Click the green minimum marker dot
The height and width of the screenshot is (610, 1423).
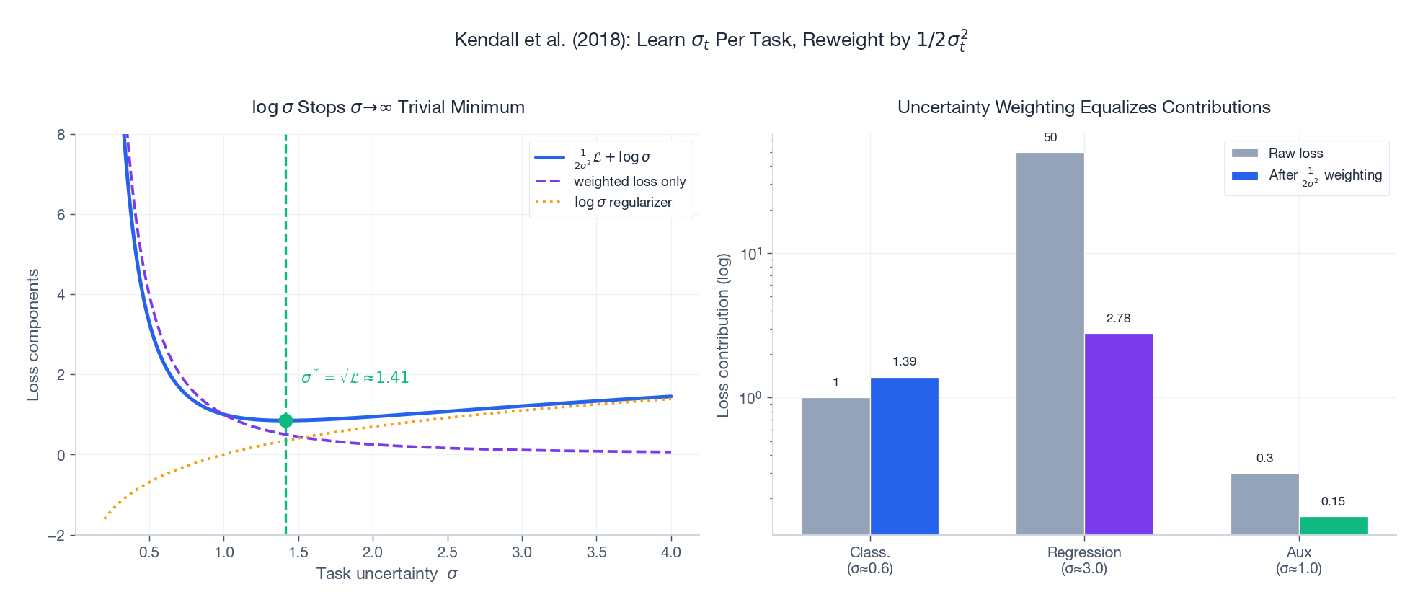(285, 420)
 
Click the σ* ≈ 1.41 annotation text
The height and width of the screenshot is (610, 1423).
(355, 377)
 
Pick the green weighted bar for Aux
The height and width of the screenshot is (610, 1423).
(1333, 526)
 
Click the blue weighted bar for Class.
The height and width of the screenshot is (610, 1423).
(904, 456)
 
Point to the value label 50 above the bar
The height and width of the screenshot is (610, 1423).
(1050, 137)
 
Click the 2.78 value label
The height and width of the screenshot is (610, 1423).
(1118, 318)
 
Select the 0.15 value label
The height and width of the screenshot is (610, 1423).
(1333, 501)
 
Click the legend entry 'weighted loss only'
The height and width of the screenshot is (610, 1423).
(629, 182)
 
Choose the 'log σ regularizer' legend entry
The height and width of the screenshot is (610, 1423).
(623, 203)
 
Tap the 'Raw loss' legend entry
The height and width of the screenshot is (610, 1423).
(1295, 153)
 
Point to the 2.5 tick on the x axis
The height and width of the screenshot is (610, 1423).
(447, 552)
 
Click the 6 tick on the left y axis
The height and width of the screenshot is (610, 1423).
(61, 215)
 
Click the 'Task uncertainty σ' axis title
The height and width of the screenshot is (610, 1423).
(386, 574)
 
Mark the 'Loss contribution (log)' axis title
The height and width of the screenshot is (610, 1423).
(723, 335)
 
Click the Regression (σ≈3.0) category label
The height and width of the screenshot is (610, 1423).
(1083, 560)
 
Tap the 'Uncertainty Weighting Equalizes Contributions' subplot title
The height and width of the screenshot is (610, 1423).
(1083, 107)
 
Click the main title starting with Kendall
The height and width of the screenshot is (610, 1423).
(711, 40)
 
